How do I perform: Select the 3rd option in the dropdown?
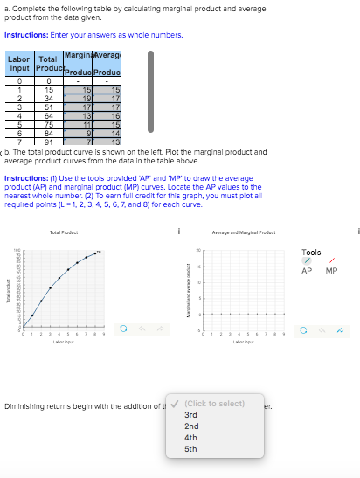[x=191, y=413]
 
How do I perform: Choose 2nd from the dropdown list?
[x=191, y=426]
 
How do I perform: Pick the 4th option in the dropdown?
[x=191, y=437]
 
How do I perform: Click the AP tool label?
[x=307, y=271]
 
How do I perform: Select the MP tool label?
[x=331, y=271]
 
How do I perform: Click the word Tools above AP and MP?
[x=312, y=252]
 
